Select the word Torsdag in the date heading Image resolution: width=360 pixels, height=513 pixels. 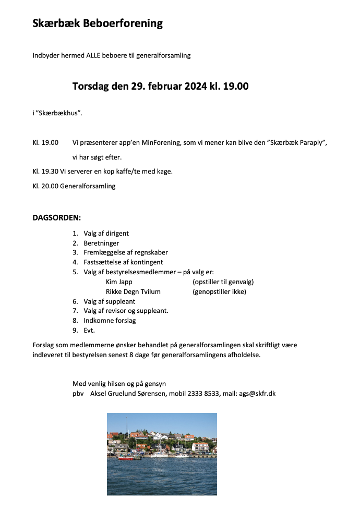[x=90, y=86]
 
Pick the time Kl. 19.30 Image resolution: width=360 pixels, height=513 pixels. [x=45, y=172]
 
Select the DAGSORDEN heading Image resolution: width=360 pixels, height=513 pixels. [x=57, y=217]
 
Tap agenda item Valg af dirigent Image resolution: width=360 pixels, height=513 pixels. [x=106, y=233]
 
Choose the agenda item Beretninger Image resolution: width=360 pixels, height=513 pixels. [x=101, y=243]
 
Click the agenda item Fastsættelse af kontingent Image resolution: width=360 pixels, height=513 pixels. [x=123, y=262]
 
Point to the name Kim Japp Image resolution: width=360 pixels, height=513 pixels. [x=119, y=282]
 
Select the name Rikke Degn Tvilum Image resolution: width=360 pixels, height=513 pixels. [x=133, y=292]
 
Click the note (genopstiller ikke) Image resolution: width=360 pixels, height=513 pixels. [x=219, y=292]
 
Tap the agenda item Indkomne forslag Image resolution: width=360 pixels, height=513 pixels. [x=110, y=321]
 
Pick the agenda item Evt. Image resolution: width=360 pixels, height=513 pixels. [x=89, y=331]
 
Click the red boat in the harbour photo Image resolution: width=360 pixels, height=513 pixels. [x=125, y=458]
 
